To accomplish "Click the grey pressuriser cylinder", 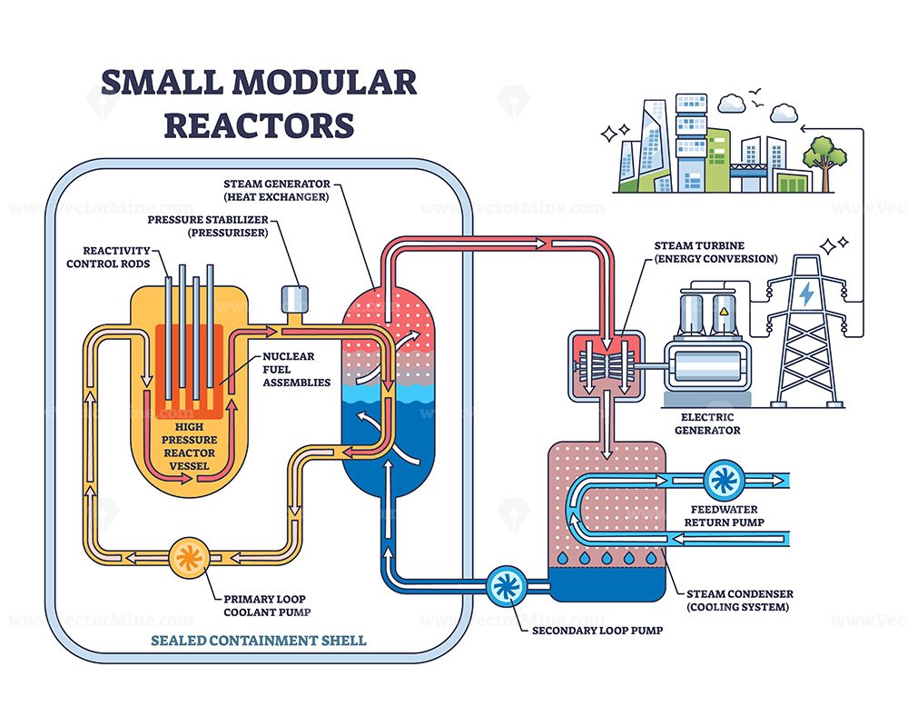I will tap(293, 299).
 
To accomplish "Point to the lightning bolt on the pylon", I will tap(804, 294).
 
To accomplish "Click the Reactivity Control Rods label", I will tap(109, 256).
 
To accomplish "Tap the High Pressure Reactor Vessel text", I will tap(189, 445).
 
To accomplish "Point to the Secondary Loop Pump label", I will tap(587, 628).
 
